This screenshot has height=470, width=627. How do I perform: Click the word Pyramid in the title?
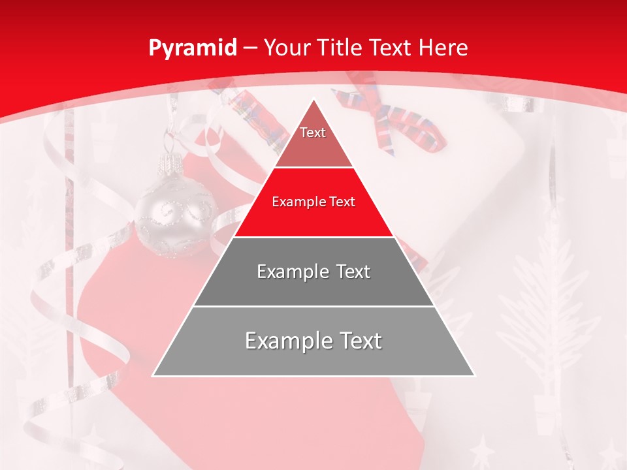(192, 48)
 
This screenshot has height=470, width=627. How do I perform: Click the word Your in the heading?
(286, 48)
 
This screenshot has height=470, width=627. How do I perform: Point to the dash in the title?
(249, 48)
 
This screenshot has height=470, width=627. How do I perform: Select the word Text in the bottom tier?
(357, 341)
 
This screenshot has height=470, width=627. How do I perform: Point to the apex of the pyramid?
(313, 100)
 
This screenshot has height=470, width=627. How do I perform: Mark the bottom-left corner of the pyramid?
(153, 375)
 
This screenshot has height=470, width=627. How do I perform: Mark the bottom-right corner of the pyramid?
(474, 375)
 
